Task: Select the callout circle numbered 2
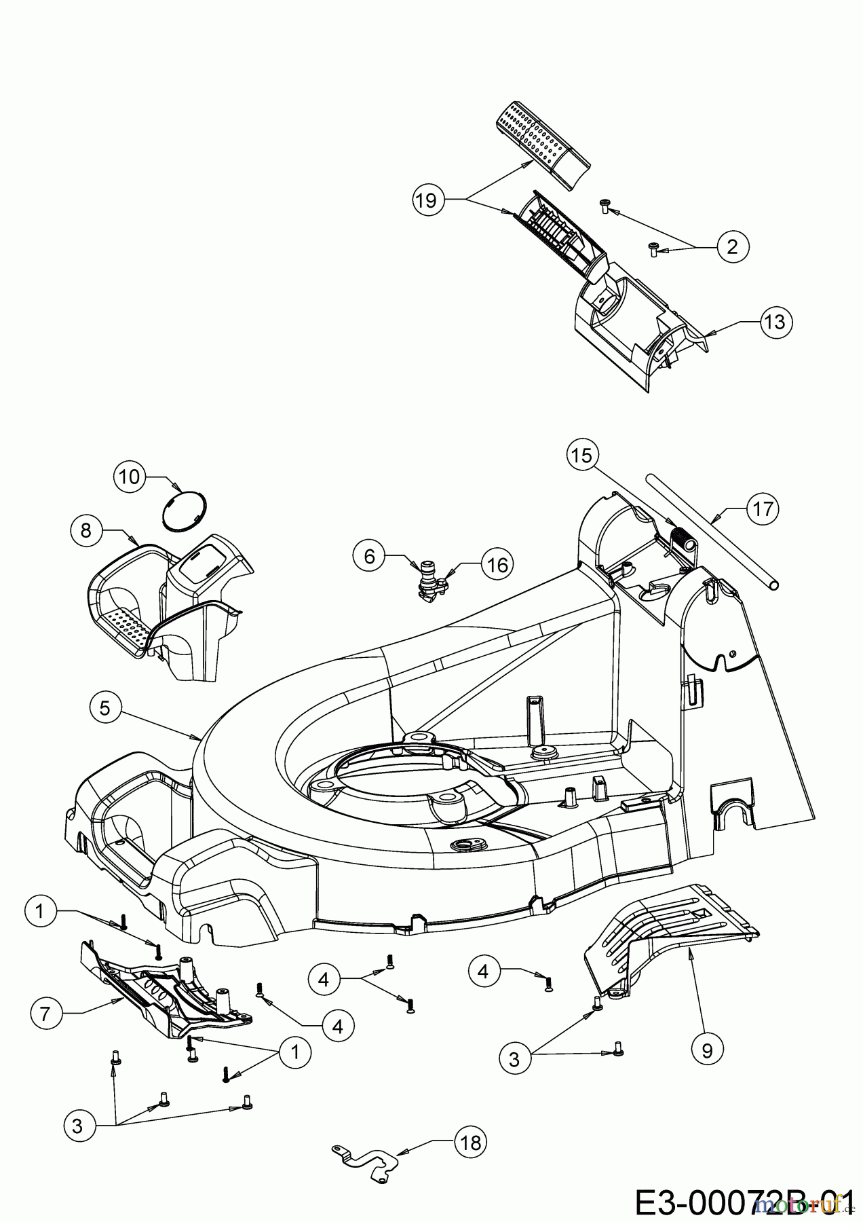[731, 246]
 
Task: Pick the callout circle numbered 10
[129, 477]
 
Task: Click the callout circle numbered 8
[86, 530]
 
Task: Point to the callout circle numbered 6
[369, 557]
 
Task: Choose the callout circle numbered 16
[497, 564]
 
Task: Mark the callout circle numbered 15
[581, 456]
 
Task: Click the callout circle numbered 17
[763, 508]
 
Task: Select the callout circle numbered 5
[104, 708]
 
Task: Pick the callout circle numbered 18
[470, 1143]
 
